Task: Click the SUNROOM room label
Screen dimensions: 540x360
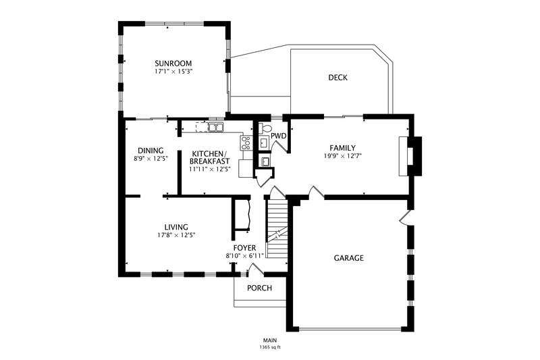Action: point(173,63)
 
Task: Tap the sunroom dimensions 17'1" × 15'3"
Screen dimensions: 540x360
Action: point(173,72)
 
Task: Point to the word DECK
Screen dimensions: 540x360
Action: point(338,78)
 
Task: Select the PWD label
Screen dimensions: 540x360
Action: point(278,136)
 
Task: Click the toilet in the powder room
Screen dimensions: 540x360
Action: point(265,128)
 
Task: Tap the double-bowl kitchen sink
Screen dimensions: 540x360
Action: point(216,127)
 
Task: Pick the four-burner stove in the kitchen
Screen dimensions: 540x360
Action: point(246,143)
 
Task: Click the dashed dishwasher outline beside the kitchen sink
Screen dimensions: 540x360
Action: point(202,127)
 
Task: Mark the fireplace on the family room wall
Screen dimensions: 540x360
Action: point(410,156)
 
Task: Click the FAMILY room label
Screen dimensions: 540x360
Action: point(343,148)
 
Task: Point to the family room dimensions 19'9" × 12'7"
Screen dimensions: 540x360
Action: point(343,156)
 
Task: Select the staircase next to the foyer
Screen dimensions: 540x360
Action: point(277,229)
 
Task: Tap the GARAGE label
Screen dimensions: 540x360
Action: point(349,258)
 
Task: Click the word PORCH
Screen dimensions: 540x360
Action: point(260,288)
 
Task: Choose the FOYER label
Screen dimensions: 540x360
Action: point(245,248)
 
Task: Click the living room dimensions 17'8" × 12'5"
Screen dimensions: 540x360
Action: point(176,235)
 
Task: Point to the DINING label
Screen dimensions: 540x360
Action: point(151,151)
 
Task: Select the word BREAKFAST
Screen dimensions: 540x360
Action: point(210,161)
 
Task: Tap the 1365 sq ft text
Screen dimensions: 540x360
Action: point(271,347)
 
